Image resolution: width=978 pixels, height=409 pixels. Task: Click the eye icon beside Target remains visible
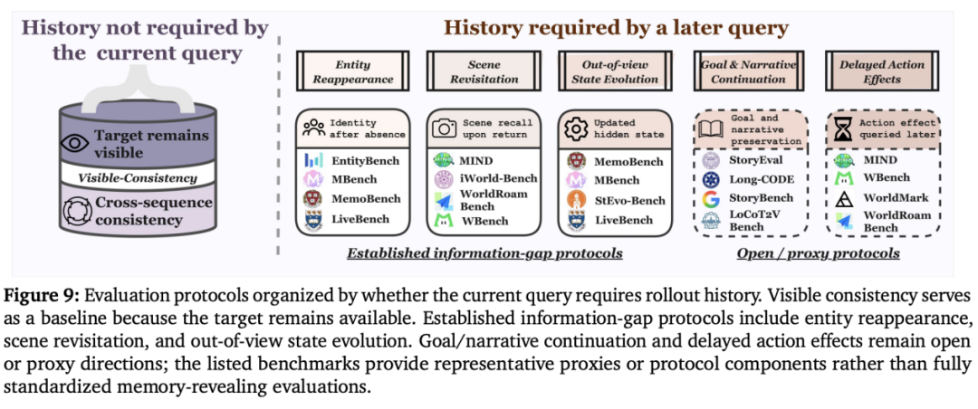[x=74, y=143]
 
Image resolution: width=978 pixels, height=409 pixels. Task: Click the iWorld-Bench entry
[x=498, y=179]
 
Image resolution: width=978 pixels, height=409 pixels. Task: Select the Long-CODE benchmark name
[x=752, y=180]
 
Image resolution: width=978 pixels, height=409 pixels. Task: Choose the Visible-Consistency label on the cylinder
[x=138, y=179]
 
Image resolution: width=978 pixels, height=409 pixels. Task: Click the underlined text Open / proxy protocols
[x=818, y=253]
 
